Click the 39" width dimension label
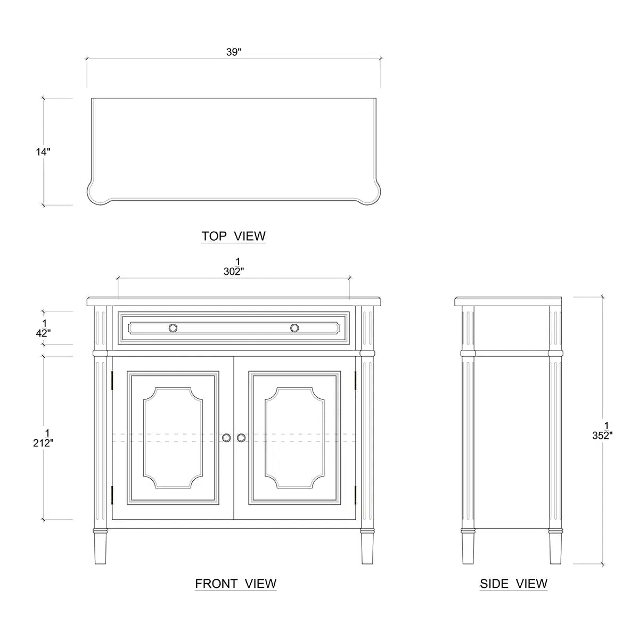(233, 52)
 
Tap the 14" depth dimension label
(43, 152)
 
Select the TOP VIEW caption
(233, 236)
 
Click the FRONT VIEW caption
(235, 583)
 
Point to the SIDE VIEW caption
(513, 583)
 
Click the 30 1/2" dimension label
(234, 267)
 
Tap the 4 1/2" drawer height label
(44, 329)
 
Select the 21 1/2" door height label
(44, 438)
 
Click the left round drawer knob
(173, 328)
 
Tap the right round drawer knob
(294, 328)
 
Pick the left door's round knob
(226, 438)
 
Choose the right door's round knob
(241, 438)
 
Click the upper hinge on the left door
(112, 380)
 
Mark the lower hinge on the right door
(355, 495)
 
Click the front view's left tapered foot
(100, 548)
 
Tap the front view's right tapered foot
(367, 548)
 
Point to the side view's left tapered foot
(468, 548)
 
